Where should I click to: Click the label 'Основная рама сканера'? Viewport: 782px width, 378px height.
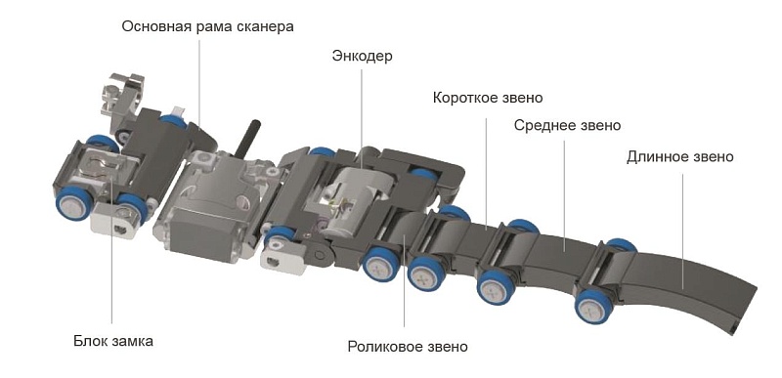(x=206, y=26)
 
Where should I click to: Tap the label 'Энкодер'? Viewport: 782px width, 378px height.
(x=362, y=56)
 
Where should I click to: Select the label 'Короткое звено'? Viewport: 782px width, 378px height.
(x=488, y=98)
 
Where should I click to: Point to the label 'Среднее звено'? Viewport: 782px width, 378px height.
(x=567, y=125)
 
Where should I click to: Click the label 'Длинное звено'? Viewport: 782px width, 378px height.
(x=680, y=156)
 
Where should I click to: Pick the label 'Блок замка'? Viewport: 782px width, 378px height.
(x=113, y=341)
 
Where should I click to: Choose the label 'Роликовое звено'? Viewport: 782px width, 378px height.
(x=408, y=346)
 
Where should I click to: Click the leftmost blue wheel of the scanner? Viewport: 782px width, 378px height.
(x=71, y=203)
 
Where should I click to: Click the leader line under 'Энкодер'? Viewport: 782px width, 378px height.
(x=360, y=117)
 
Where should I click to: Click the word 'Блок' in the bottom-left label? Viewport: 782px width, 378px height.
(x=91, y=341)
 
